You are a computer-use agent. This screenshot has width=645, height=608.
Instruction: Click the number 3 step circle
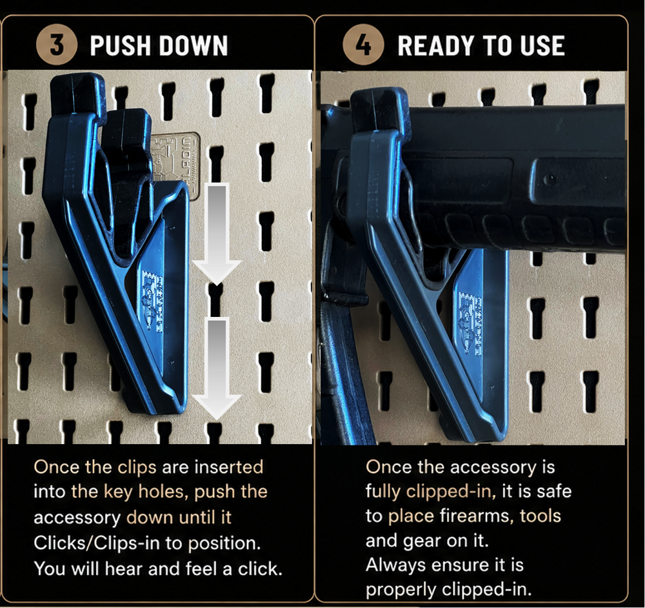click(x=57, y=45)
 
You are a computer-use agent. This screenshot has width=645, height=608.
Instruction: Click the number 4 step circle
click(x=363, y=45)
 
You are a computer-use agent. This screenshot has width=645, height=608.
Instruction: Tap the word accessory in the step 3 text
click(x=77, y=518)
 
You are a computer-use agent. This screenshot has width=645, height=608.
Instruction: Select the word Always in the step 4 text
click(x=395, y=565)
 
